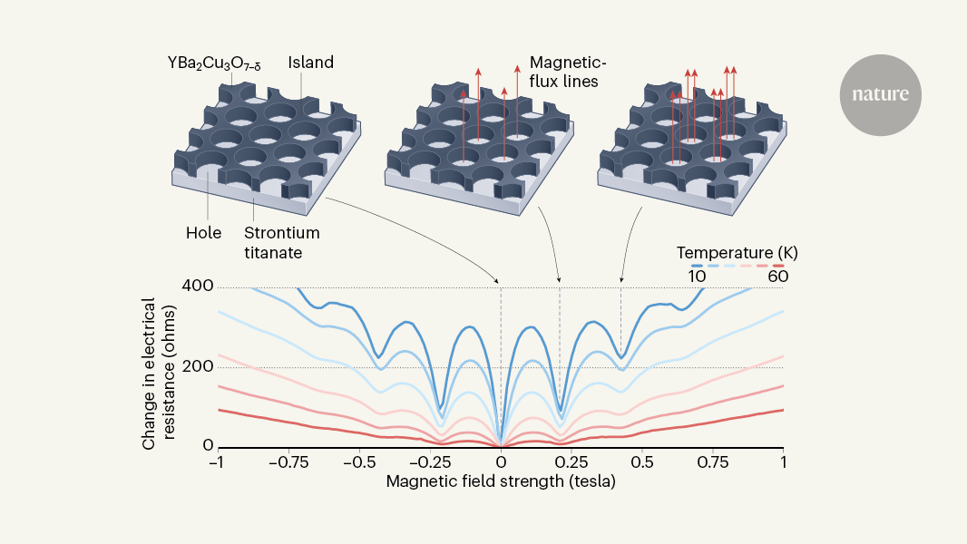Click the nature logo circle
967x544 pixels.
tap(880, 95)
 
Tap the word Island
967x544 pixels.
tap(311, 63)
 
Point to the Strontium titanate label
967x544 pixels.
tap(281, 241)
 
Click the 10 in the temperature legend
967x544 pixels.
tap(696, 277)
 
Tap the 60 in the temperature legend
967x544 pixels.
tap(777, 277)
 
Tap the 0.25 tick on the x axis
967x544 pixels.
tap(571, 462)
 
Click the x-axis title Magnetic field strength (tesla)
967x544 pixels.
tap(501, 481)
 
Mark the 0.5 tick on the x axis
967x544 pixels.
tap(642, 462)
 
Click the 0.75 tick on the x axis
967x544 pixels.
tap(713, 462)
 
